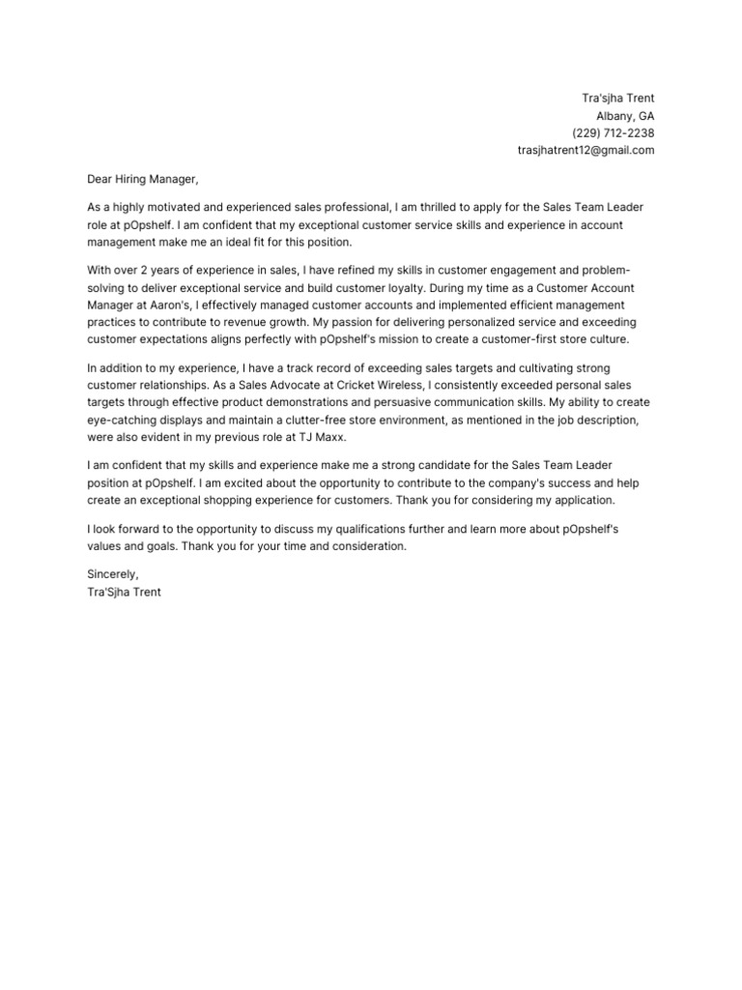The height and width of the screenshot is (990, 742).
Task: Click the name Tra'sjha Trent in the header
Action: [617, 99]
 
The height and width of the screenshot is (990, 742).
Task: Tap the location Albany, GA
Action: [625, 116]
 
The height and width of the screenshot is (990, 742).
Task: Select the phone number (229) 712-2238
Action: [613, 133]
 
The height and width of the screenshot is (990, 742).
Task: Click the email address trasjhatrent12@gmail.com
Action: [586, 151]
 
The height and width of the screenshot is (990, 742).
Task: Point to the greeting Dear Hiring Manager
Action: [142, 179]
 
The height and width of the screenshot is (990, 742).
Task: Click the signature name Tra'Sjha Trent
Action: [124, 592]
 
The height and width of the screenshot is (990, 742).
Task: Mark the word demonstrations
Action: [321, 402]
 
